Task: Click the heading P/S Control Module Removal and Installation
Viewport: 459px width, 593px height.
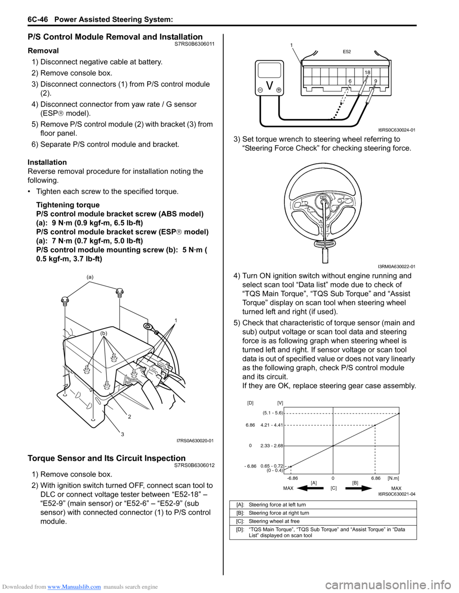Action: [x=115, y=37]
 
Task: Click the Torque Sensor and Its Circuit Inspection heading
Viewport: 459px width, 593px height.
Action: [x=107, y=458]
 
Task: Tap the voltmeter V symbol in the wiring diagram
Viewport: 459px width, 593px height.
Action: [x=270, y=86]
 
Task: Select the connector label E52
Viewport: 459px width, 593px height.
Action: [x=347, y=52]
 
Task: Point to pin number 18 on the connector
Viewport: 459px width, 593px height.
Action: [x=367, y=73]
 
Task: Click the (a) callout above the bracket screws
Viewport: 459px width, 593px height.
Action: [x=90, y=277]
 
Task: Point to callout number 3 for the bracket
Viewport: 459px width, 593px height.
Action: [x=122, y=434]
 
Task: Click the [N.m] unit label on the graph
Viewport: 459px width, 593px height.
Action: [x=393, y=477]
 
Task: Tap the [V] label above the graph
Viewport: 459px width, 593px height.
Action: [x=280, y=403]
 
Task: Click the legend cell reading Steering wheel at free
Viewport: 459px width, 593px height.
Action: [x=274, y=521]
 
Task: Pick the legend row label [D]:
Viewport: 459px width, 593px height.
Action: [x=240, y=529]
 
